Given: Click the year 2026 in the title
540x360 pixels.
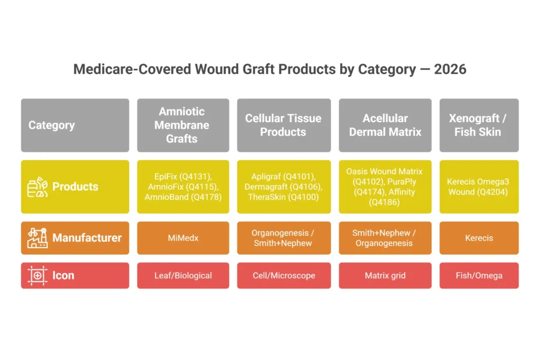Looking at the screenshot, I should (450, 69).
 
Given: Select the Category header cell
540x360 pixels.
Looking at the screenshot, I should (75, 125).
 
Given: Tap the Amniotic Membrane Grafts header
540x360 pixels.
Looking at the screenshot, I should (183, 125).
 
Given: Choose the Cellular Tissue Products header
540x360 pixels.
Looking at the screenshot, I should (284, 125).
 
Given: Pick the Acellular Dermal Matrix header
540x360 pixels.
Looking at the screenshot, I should (385, 125).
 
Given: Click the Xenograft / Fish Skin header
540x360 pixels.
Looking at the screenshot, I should (479, 125).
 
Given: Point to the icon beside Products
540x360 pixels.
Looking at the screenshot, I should (37, 187).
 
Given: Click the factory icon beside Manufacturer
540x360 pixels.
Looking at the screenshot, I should (37, 238).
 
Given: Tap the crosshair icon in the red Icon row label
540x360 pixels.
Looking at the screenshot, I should (37, 276).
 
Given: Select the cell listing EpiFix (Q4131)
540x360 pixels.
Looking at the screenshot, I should (183, 187).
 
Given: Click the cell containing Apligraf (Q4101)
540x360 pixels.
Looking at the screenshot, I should (284, 187).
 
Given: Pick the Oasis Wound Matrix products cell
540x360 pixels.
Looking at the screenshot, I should (385, 187).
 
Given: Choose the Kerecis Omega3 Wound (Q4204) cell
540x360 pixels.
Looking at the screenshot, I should (479, 187).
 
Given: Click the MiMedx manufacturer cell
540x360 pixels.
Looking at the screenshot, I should (183, 238).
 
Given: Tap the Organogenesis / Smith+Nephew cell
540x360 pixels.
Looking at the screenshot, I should (284, 238).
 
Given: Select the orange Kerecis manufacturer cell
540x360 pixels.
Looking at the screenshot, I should (479, 238).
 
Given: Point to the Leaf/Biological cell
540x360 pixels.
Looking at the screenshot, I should (183, 276).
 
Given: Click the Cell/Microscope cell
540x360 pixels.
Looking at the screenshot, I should (284, 276).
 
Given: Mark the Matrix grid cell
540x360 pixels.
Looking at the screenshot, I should (385, 276).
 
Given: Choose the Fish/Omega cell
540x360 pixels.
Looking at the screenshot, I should (479, 276).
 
